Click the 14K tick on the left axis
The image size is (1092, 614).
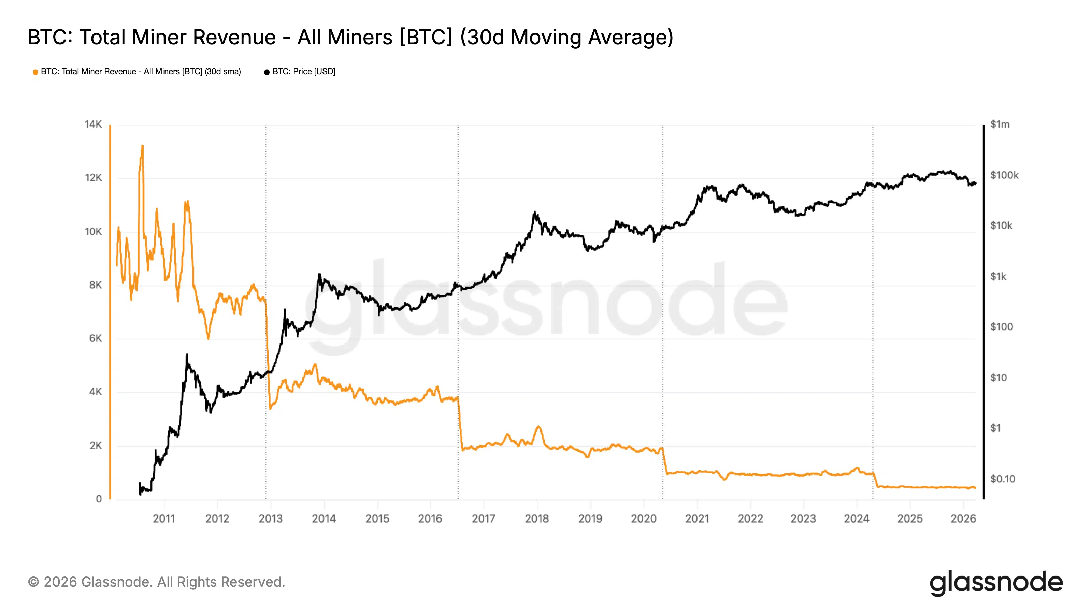pos(93,124)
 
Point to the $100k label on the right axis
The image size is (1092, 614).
pos(1004,175)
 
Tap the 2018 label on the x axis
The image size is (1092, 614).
pos(537,518)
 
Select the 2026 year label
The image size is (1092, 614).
pos(963,518)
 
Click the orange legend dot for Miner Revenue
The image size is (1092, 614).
pos(35,72)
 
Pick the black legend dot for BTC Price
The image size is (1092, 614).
pos(267,72)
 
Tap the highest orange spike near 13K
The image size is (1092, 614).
pos(142,147)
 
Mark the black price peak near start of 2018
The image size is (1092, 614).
pos(534,213)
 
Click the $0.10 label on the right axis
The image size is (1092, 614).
pos(1003,479)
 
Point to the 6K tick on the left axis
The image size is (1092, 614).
pos(96,338)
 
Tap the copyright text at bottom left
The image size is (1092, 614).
pos(156,582)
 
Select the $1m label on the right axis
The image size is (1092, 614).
pos(1000,124)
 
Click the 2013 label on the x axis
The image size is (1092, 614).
pos(271,518)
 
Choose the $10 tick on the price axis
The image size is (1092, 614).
pos(998,378)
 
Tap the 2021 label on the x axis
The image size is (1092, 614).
pos(697,518)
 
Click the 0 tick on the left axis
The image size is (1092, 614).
pos(99,499)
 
